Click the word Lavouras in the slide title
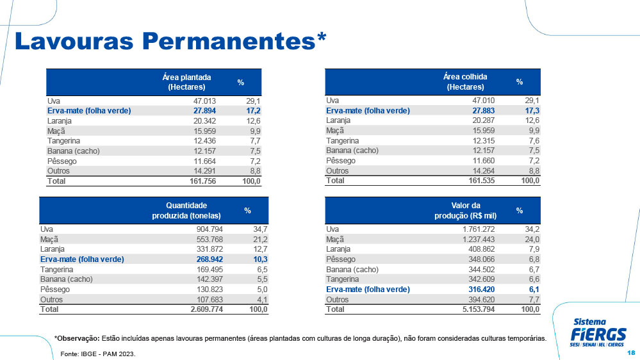click(x=74, y=41)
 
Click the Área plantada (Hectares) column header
click(x=186, y=82)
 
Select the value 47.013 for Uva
click(x=204, y=101)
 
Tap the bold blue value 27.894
click(x=204, y=111)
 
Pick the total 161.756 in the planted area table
click(x=202, y=181)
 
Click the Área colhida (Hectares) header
click(x=465, y=81)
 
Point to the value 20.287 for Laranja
click(x=483, y=120)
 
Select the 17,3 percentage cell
click(x=532, y=111)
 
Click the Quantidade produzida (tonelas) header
click(x=186, y=211)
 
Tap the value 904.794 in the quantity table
click(x=209, y=229)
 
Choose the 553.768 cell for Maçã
click(x=209, y=239)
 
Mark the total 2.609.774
click(x=206, y=309)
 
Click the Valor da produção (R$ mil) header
click(x=465, y=211)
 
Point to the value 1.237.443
click(x=479, y=239)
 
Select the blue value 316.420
click(x=481, y=290)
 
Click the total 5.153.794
click(x=479, y=309)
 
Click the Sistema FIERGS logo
click(x=598, y=332)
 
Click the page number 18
click(x=631, y=353)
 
